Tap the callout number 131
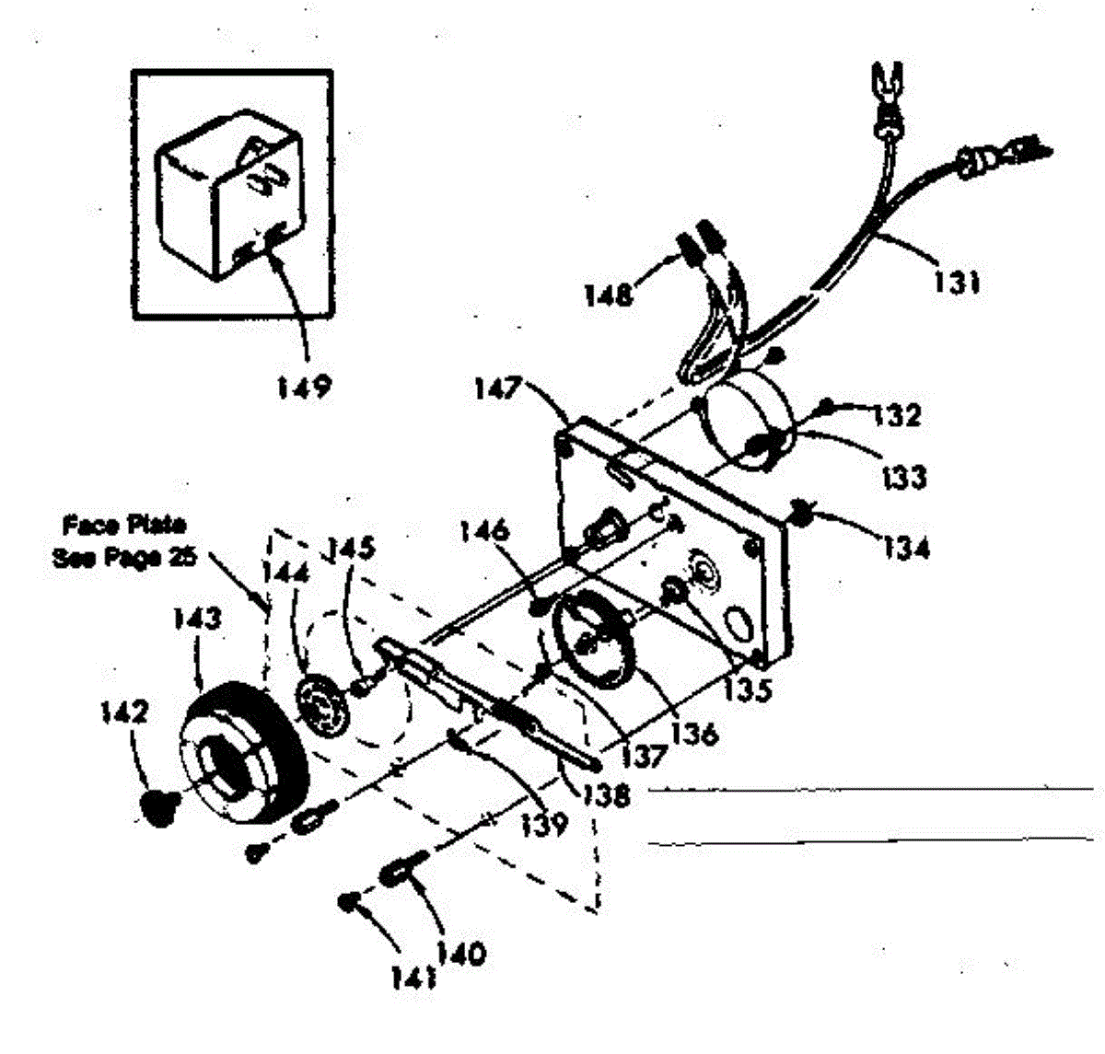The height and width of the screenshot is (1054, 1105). click(955, 283)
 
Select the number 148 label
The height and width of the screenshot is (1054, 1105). click(609, 295)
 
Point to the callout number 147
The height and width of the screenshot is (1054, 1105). click(498, 388)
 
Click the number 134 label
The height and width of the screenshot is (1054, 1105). click(906, 549)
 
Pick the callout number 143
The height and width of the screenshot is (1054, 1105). click(198, 618)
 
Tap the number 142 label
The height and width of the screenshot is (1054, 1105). click(124, 712)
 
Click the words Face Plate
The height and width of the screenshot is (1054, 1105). click(124, 526)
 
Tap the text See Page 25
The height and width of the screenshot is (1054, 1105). click(125, 558)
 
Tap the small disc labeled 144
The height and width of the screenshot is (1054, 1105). click(324, 705)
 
